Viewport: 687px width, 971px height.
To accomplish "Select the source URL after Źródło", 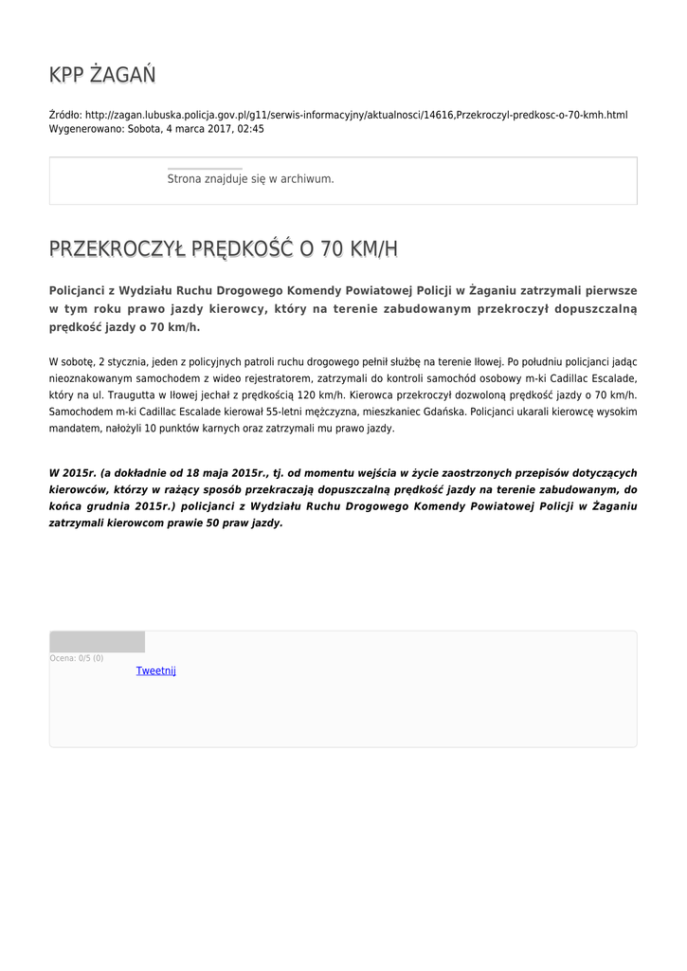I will [x=356, y=115].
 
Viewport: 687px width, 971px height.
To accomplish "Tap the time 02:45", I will [x=251, y=129].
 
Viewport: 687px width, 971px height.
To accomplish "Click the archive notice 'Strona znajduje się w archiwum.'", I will [x=250, y=179].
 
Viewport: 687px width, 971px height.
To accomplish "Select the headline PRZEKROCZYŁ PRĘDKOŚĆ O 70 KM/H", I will [x=223, y=249].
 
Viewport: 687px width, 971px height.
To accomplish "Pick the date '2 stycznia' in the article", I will [x=121, y=362].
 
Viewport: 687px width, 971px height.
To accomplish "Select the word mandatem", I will [x=72, y=429].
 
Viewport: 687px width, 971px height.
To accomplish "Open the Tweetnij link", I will [x=155, y=671].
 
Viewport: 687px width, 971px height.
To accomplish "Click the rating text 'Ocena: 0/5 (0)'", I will [x=77, y=658].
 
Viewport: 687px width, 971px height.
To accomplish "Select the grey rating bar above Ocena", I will [x=97, y=642].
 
